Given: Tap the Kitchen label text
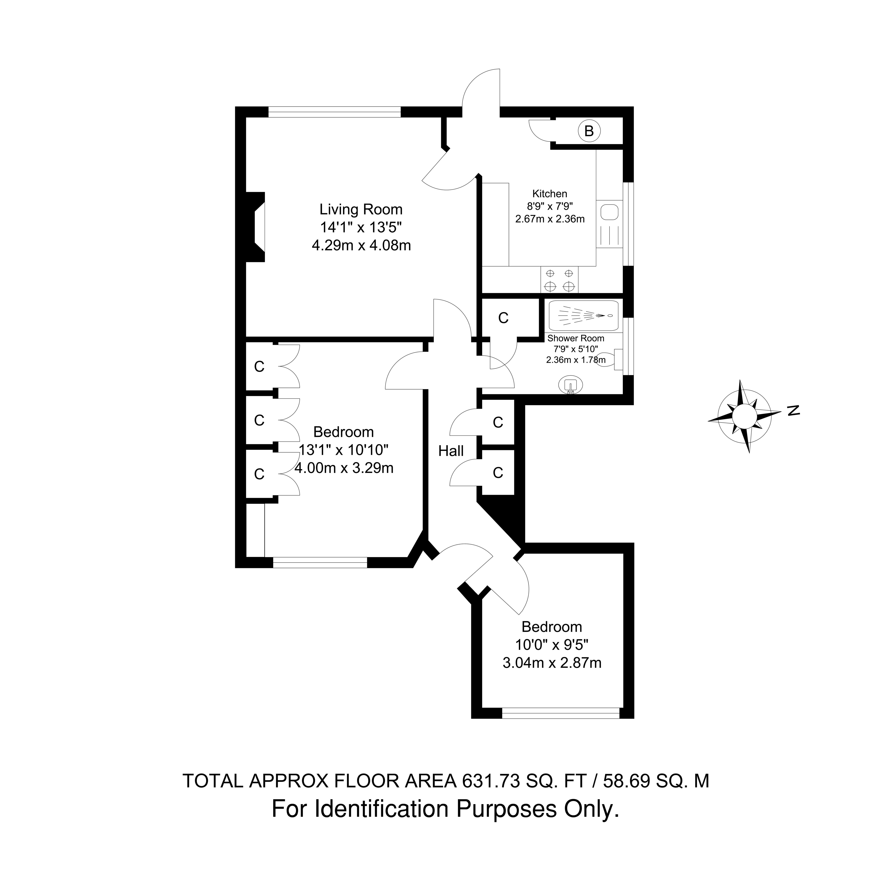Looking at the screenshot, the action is (x=550, y=194).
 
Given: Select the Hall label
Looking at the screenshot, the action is (x=451, y=451).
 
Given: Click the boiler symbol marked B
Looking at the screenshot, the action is (x=589, y=132).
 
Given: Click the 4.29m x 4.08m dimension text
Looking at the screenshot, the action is (x=361, y=245).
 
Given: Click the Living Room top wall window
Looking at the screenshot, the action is (x=335, y=112).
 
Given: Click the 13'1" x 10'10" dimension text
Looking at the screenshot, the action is (x=344, y=450).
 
